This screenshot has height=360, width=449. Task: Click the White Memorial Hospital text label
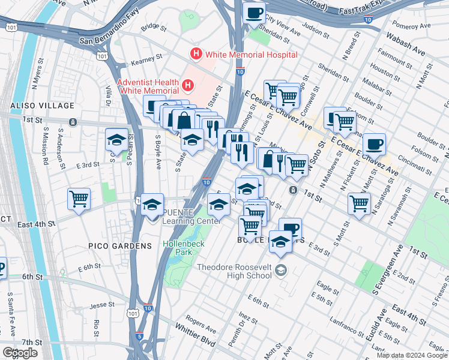point(251,55)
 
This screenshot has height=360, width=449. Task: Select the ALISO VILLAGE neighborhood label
point(33,106)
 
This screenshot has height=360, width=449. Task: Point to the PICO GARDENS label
point(112,246)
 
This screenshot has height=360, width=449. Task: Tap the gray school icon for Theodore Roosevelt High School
point(280,272)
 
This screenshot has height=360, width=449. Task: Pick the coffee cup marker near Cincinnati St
point(374,144)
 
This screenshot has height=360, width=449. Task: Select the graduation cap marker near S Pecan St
point(116,139)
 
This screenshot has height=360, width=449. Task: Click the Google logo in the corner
point(20,353)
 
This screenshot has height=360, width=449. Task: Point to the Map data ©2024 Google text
point(412,355)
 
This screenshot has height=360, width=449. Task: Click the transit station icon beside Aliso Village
point(72,122)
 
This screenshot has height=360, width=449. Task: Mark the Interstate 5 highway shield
point(139,338)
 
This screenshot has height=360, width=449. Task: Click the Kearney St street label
point(148,59)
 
